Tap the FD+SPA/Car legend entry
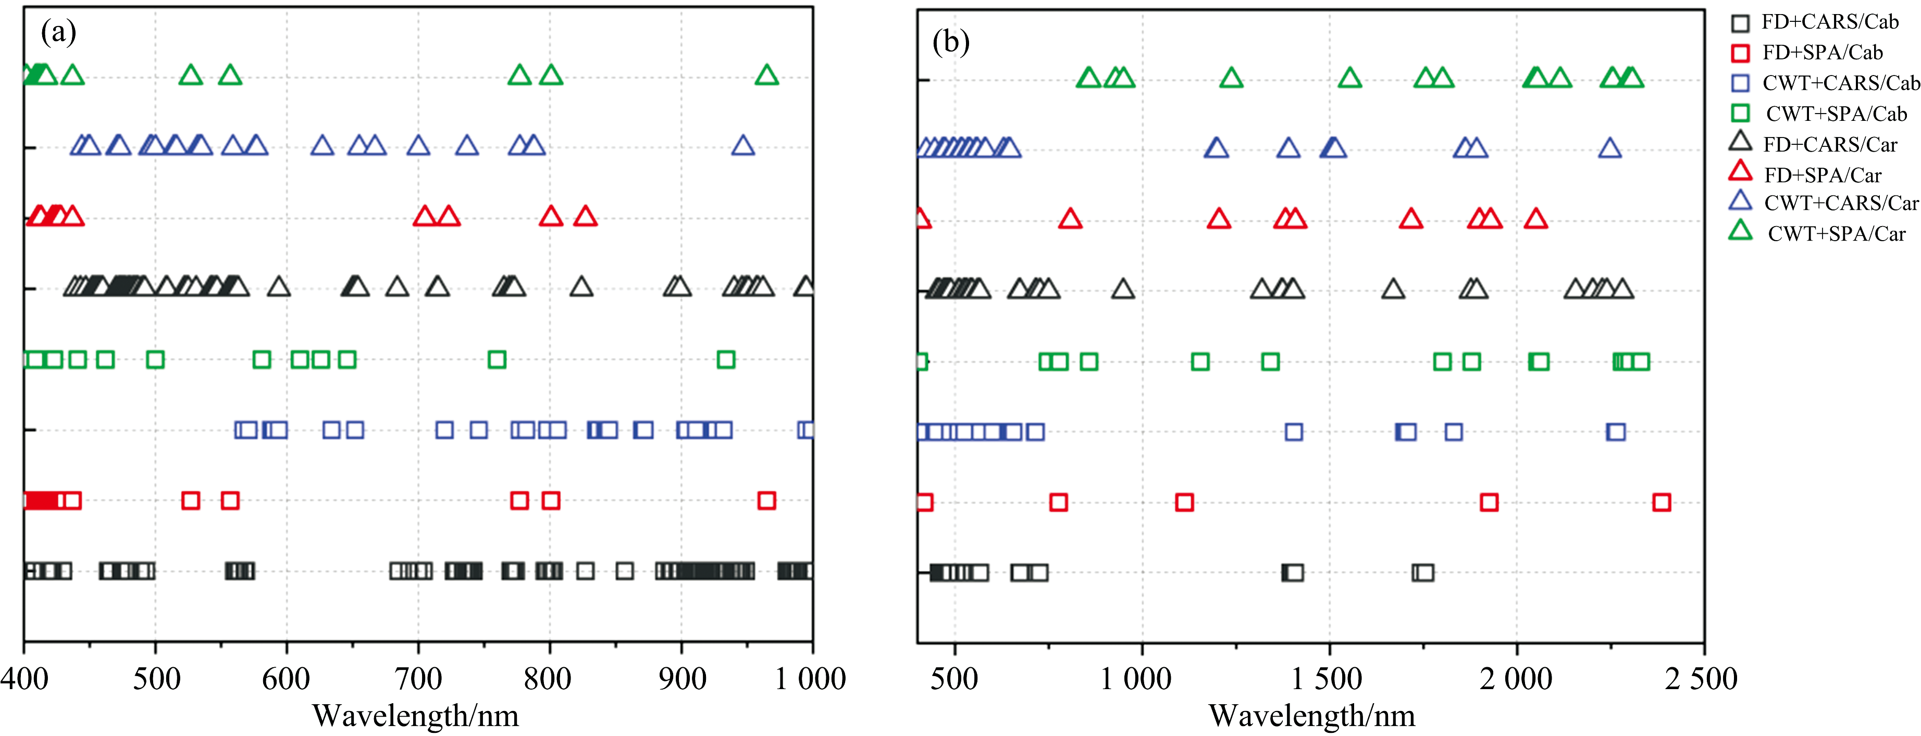click(x=1805, y=174)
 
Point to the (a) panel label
click(x=58, y=32)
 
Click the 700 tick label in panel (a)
click(x=418, y=679)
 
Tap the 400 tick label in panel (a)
click(x=24, y=679)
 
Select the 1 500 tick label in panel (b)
click(x=1328, y=679)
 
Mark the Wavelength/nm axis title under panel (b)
click(x=1312, y=716)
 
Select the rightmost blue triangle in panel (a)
click(x=743, y=145)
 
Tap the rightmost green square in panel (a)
click(x=726, y=359)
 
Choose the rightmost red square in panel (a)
click(x=766, y=501)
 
